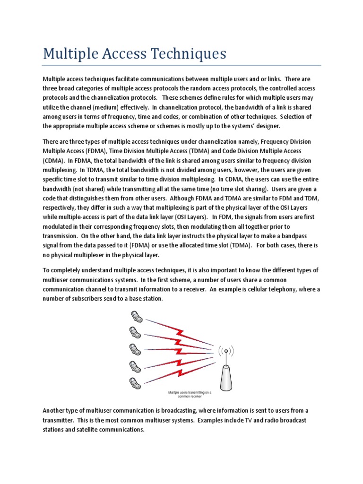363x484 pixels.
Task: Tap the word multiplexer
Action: coord(96,255)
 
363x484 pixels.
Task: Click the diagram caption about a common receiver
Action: coord(190,394)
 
